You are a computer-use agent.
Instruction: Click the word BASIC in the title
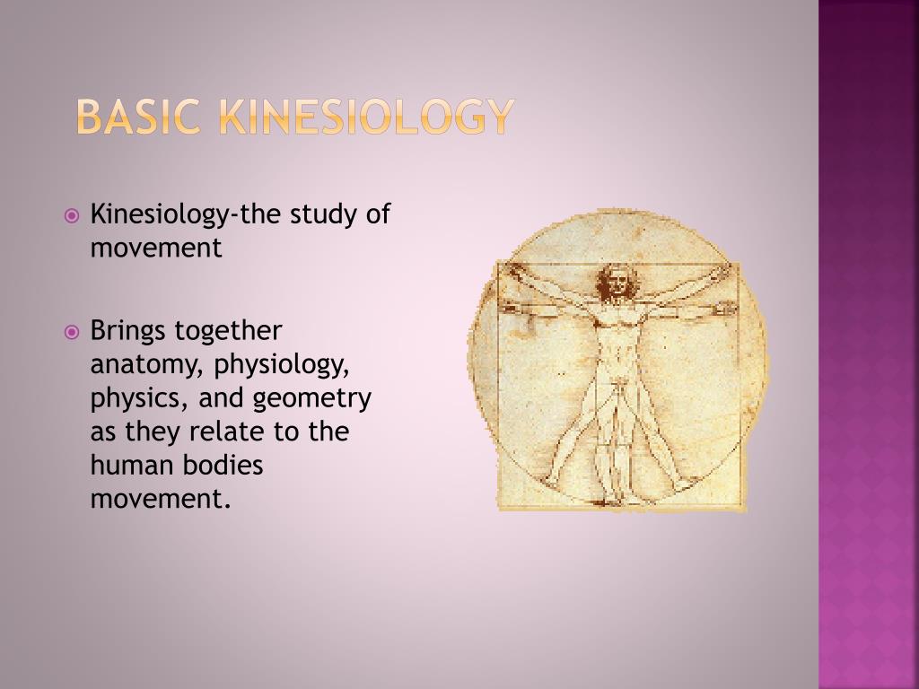pyautogui.click(x=137, y=117)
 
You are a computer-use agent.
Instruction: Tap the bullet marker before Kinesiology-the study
pyautogui.click(x=73, y=216)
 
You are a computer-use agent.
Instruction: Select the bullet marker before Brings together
pyautogui.click(x=73, y=332)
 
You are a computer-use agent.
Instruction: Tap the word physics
pyautogui.click(x=133, y=398)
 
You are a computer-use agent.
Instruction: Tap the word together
pyautogui.click(x=228, y=331)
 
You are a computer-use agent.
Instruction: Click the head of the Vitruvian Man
pyautogui.click(x=616, y=283)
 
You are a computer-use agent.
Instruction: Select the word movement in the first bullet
pyautogui.click(x=155, y=249)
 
